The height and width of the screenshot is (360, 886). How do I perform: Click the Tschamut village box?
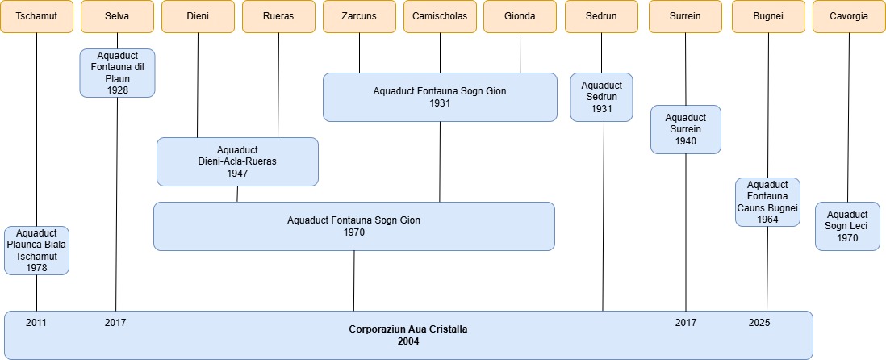pyautogui.click(x=36, y=16)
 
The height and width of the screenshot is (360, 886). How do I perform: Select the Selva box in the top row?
pyautogui.click(x=117, y=16)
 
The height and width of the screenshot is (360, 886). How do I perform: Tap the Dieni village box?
pyautogui.click(x=198, y=16)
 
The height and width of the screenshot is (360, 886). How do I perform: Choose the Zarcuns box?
pyautogui.click(x=359, y=16)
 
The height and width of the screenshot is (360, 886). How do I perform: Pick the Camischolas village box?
pyautogui.click(x=440, y=16)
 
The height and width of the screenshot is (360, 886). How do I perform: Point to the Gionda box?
pyautogui.click(x=520, y=16)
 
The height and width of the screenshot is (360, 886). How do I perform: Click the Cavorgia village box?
pyautogui.click(x=848, y=16)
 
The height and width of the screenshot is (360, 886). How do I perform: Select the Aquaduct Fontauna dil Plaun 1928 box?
pyautogui.click(x=117, y=73)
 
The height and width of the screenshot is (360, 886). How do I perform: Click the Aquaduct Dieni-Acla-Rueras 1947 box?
pyautogui.click(x=237, y=161)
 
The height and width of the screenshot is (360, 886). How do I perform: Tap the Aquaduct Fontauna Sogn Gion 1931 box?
pyautogui.click(x=440, y=97)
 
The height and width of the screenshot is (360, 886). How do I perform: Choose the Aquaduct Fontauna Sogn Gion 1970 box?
pyautogui.click(x=353, y=226)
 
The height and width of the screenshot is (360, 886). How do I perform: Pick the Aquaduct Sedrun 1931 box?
pyautogui.click(x=601, y=97)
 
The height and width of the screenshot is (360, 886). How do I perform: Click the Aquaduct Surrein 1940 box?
pyautogui.click(x=685, y=129)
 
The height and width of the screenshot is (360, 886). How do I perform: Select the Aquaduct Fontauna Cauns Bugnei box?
pyautogui.click(x=767, y=202)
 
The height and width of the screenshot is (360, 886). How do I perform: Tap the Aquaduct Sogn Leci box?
pyautogui.click(x=847, y=226)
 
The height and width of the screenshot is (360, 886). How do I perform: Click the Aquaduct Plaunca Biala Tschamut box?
pyautogui.click(x=36, y=250)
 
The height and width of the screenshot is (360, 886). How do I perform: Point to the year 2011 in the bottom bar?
pyautogui.click(x=36, y=323)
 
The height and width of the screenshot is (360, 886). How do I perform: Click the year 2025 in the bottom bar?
pyautogui.click(x=759, y=323)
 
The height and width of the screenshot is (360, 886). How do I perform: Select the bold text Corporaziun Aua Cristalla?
pyautogui.click(x=407, y=329)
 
